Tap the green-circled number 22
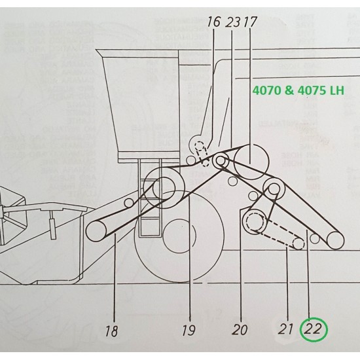(313, 329)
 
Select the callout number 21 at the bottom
(285, 329)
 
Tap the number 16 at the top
(213, 22)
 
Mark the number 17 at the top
(249, 22)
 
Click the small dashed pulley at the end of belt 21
(298, 244)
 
